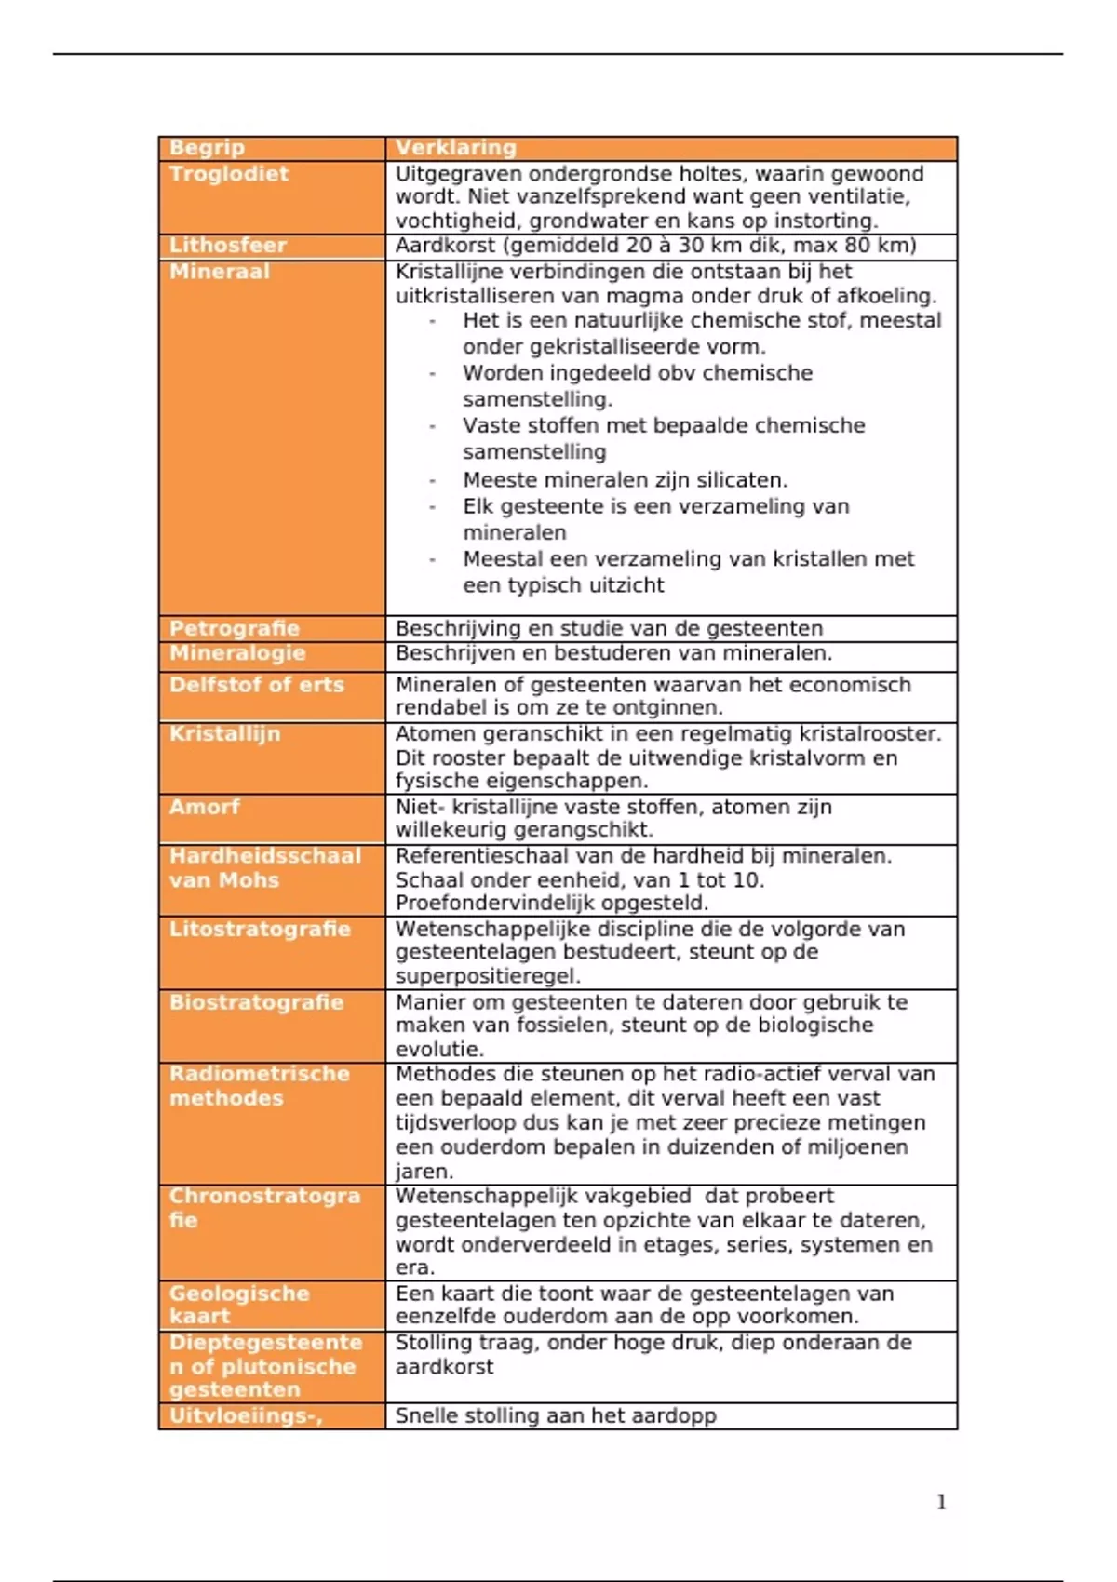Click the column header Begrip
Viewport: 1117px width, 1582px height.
coord(207,148)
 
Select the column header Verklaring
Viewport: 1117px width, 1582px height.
coord(455,148)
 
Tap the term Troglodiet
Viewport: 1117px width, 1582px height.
coord(229,174)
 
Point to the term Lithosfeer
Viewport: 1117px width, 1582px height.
coord(228,246)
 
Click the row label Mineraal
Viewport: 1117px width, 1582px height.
coord(219,272)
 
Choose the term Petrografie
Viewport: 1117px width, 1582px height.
coord(234,628)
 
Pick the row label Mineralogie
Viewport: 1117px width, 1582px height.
coord(237,653)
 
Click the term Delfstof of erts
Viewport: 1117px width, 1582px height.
coord(256,685)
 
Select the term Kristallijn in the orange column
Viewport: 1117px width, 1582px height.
coord(224,734)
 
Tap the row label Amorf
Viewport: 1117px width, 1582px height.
coord(204,807)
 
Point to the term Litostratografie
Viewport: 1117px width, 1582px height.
coord(260,929)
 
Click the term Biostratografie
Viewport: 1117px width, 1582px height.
coord(256,1002)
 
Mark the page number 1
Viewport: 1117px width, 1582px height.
coord(941,1502)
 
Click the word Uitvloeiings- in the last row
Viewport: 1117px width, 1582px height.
coord(246,1416)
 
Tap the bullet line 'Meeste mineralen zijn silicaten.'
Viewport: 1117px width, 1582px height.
coord(625,480)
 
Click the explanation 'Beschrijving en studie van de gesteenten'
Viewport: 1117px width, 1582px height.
coord(609,628)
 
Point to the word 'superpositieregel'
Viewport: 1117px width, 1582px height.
coord(487,976)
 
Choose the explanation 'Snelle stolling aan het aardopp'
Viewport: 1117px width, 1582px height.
coord(556,1416)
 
